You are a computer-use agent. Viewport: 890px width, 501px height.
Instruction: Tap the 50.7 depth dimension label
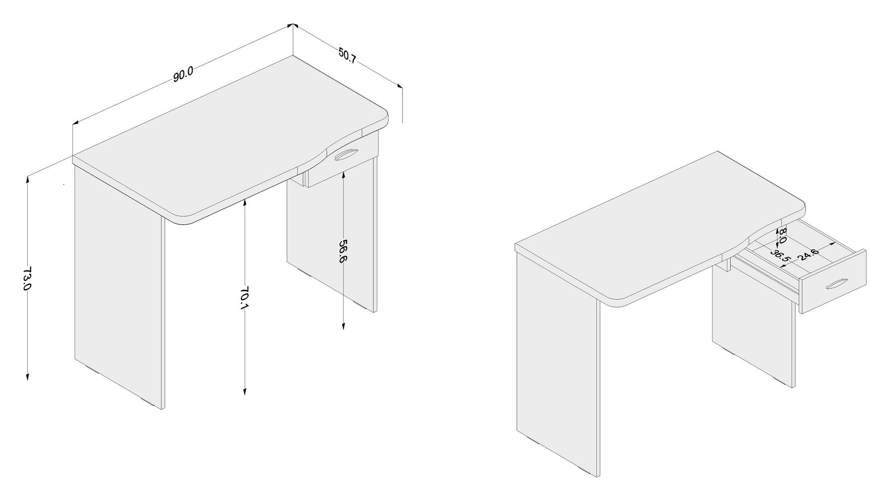click(347, 55)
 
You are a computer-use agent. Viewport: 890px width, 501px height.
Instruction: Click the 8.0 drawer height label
click(782, 235)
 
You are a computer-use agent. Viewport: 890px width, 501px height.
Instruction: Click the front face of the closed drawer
click(341, 166)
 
